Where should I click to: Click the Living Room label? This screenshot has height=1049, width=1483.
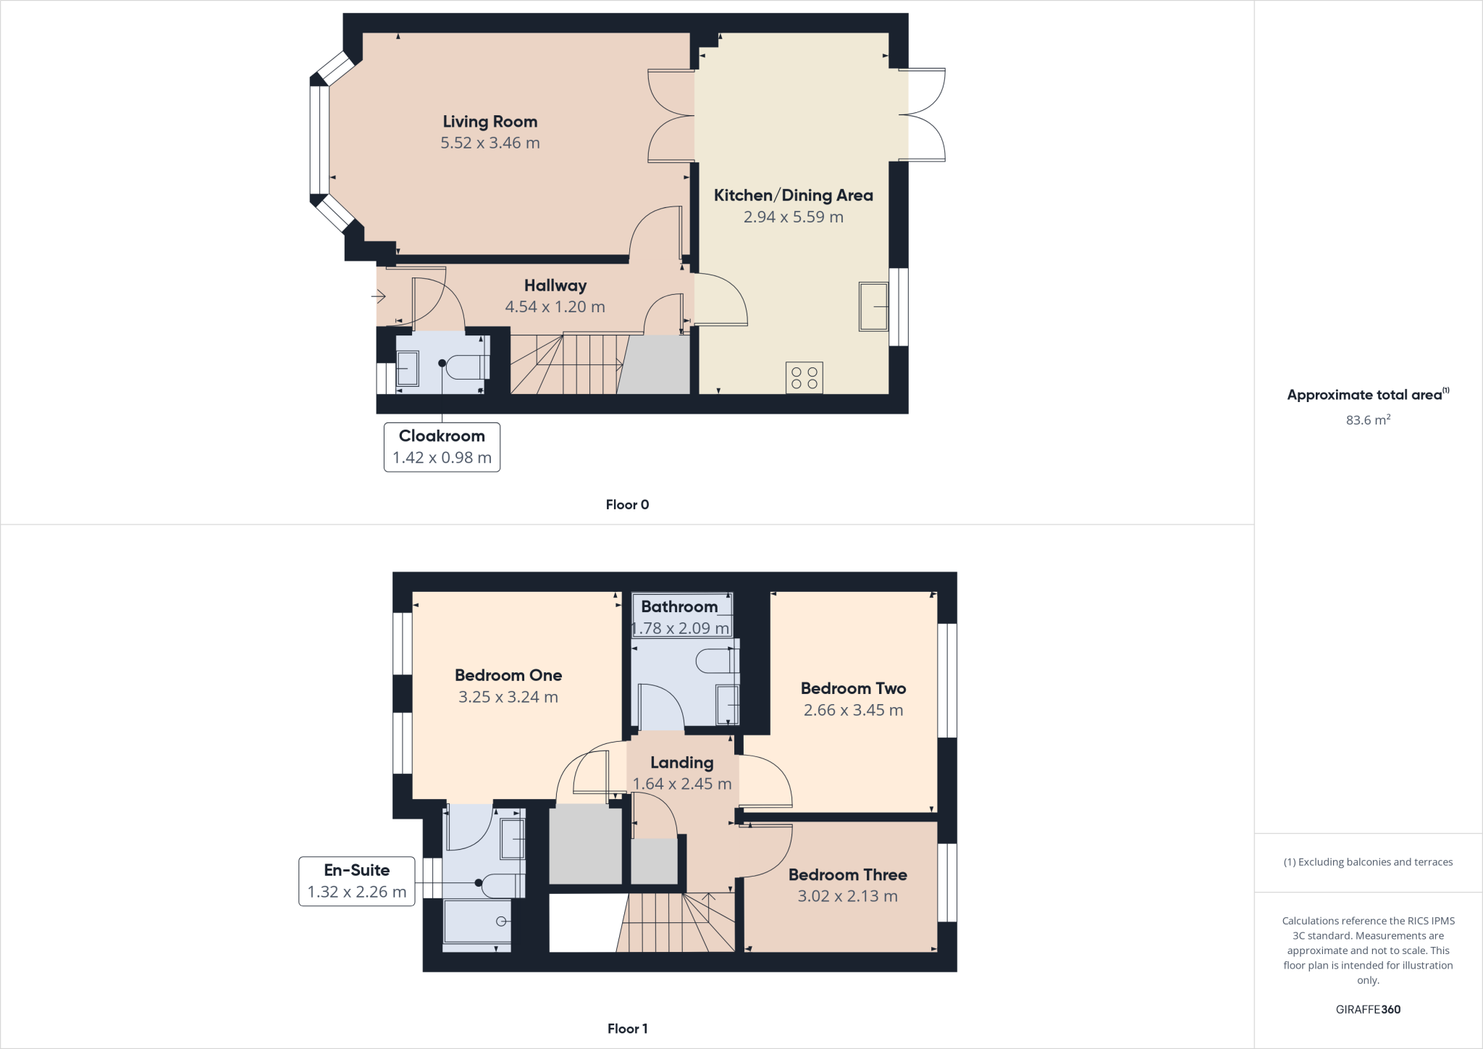490,122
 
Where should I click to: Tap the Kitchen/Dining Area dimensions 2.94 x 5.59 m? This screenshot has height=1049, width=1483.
793,217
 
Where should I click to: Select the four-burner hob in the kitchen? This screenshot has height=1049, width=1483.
804,377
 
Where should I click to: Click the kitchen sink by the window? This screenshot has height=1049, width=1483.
873,306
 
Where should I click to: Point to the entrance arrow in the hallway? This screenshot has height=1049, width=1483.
378,296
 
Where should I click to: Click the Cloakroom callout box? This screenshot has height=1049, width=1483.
442,447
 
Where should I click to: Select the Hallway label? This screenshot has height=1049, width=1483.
555,285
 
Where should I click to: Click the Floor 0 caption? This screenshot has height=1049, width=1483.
627,505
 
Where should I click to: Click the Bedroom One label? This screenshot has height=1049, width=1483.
508,675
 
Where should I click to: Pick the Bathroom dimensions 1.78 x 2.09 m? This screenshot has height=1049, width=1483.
680,628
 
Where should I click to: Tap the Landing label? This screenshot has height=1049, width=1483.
681,762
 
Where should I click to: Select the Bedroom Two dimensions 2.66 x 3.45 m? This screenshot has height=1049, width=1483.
853,710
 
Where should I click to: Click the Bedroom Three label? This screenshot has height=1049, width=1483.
847,874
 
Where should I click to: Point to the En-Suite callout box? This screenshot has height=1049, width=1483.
356,881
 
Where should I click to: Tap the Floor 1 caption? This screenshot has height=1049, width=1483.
627,1029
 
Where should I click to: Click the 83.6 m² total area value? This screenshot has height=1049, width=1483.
1367,420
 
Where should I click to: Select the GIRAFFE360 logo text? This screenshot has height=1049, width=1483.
1367,1009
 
